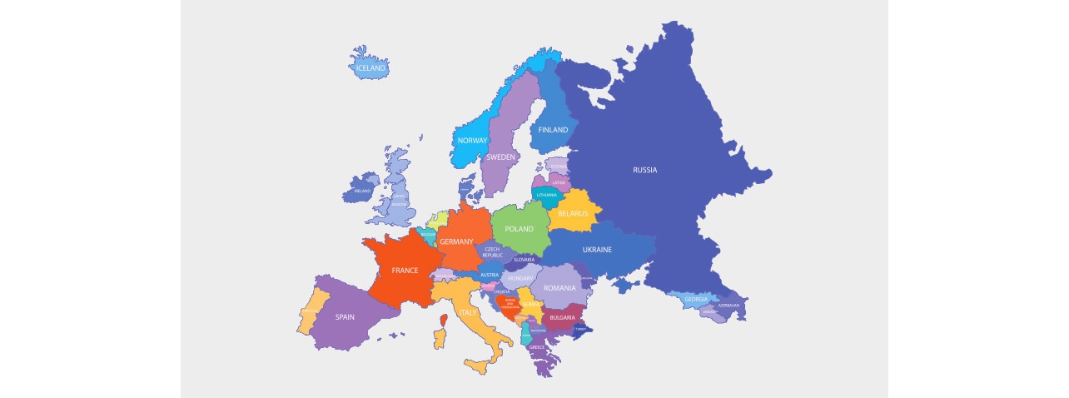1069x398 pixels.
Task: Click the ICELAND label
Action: (370, 67)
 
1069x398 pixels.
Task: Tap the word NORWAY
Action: (472, 141)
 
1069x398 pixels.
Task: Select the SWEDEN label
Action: (500, 157)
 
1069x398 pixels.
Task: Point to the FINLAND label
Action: (553, 130)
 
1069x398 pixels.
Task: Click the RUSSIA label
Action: (644, 170)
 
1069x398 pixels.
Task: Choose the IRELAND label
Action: (362, 191)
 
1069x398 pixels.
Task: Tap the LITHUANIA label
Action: (547, 195)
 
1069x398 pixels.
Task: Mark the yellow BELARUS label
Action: (573, 214)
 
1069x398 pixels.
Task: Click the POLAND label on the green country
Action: (519, 229)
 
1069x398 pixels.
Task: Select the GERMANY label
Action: (456, 241)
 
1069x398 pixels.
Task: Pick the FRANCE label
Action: (405, 271)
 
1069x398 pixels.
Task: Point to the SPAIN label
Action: (345, 316)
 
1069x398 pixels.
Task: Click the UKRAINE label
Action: (597, 250)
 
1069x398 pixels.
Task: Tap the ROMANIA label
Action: (559, 288)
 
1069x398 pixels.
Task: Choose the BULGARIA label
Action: (562, 317)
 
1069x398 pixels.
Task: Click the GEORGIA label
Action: (695, 300)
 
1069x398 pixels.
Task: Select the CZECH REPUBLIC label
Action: (492, 251)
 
